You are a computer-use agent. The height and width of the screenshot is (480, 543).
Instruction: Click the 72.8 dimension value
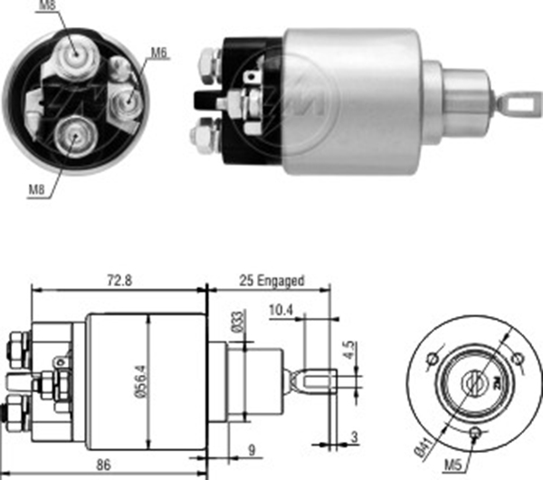(119, 280)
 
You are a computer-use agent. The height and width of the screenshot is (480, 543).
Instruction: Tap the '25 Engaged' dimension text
(271, 281)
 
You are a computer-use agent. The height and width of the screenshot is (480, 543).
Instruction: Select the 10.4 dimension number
(281, 310)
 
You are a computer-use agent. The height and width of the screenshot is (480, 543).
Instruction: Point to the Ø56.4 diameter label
(142, 381)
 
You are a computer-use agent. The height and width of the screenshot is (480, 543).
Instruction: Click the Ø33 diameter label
(238, 322)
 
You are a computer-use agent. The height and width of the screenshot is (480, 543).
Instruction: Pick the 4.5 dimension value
(349, 350)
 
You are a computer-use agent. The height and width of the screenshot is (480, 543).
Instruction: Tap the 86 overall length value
(103, 465)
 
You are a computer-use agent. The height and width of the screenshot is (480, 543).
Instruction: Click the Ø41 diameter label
(424, 447)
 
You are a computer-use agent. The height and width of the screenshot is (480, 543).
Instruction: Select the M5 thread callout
(453, 466)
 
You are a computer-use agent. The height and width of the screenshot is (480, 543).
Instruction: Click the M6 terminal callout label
(159, 53)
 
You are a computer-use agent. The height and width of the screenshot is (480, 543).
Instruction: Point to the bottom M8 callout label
(36, 190)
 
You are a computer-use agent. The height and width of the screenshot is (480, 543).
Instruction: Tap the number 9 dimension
(252, 450)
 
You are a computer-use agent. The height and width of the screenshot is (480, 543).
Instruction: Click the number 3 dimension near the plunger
(354, 437)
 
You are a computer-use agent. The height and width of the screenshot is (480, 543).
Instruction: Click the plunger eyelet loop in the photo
(519, 103)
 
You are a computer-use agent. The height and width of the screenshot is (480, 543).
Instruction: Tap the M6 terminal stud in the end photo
(127, 101)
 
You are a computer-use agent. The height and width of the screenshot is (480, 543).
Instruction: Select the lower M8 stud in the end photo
(74, 137)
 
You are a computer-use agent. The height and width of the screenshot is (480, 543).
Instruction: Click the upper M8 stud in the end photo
(76, 55)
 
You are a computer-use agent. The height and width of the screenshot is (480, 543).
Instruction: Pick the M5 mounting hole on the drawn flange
(475, 433)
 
